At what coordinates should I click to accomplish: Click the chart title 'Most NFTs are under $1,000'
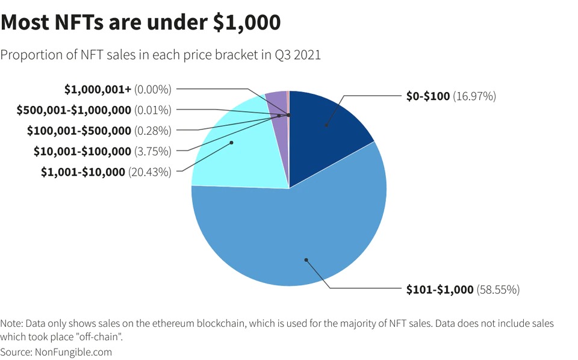coord(141,22)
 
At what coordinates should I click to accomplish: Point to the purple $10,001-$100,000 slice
coord(277,100)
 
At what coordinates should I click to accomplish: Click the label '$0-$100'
coord(428,96)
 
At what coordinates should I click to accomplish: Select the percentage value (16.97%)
coord(474,96)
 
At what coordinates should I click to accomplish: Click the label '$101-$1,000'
coord(440,290)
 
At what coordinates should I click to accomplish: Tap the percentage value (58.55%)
coord(498,290)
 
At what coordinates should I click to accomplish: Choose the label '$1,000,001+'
coord(98,89)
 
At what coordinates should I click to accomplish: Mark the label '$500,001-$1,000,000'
coord(74,110)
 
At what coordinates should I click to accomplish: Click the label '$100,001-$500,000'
coord(79,130)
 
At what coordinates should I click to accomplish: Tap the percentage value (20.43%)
coord(149,172)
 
